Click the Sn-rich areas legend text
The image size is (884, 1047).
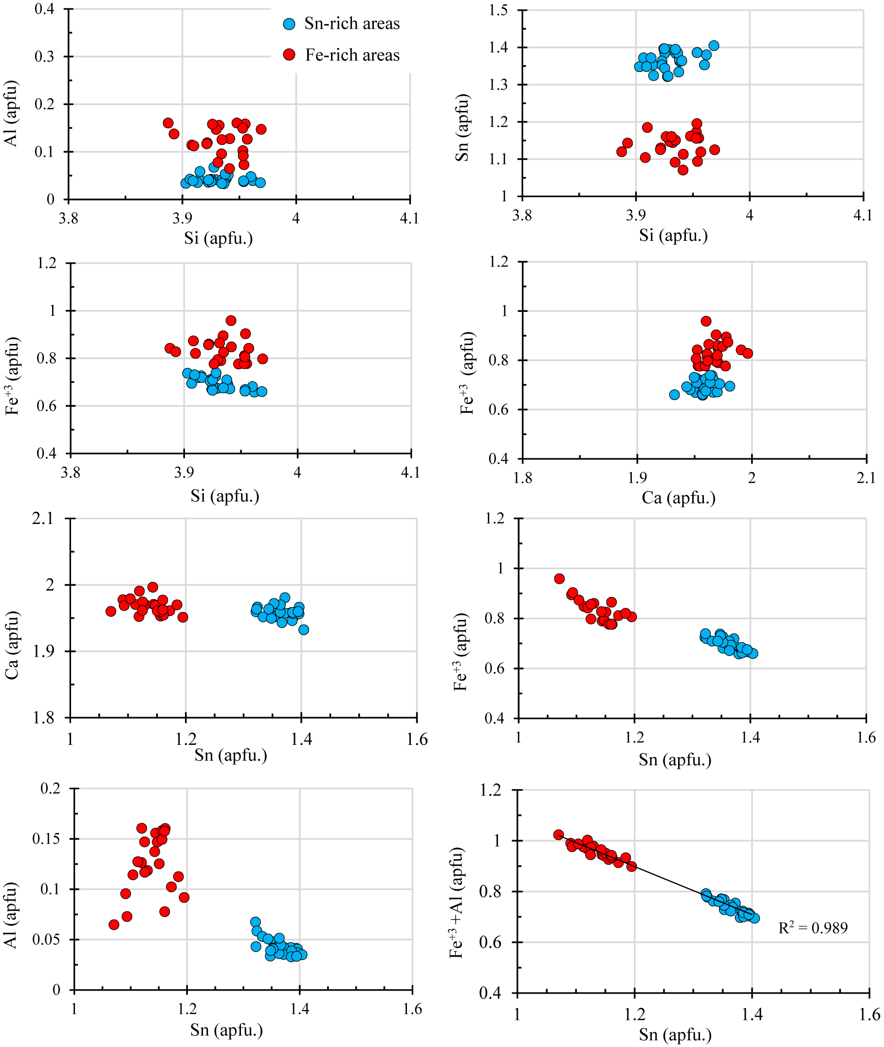352,23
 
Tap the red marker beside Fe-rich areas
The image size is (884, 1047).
289,54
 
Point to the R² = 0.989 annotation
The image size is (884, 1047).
813,928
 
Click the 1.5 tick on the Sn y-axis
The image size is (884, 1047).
498,10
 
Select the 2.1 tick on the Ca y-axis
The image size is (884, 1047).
43,519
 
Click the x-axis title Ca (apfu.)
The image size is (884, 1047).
679,498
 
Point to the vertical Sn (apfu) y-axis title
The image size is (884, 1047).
461,127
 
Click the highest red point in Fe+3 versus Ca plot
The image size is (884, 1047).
706,321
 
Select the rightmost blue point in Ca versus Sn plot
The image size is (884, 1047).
304,630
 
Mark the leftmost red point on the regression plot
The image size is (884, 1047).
559,834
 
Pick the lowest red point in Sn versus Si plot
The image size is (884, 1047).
683,170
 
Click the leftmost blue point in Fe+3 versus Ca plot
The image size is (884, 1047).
675,395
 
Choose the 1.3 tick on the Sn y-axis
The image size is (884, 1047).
498,85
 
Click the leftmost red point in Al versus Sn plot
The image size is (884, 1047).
114,924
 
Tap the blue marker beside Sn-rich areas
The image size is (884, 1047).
289,24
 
